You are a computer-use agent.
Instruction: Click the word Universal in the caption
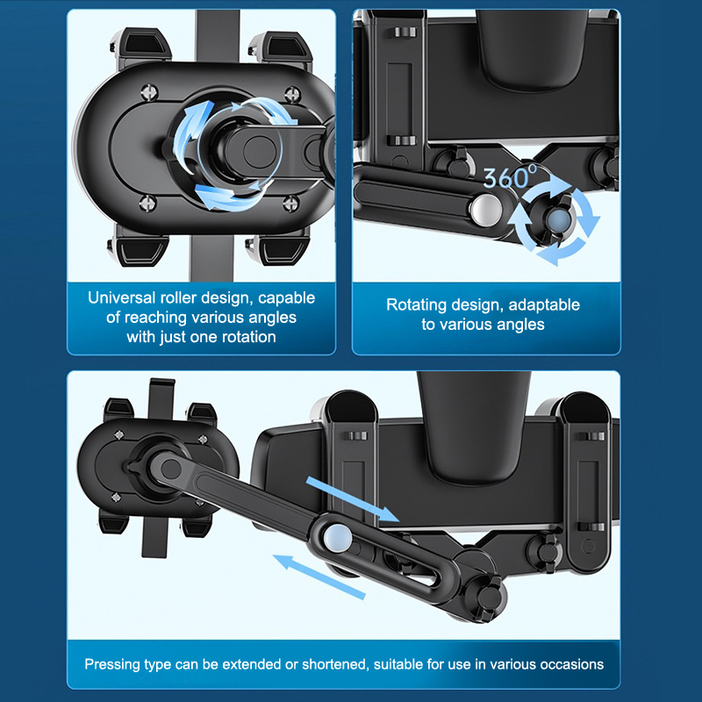(x=121, y=297)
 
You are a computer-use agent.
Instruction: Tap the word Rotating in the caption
(x=416, y=304)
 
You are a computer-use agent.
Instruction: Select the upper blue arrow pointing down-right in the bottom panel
(x=353, y=499)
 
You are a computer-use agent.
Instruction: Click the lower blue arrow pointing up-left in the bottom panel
(x=319, y=577)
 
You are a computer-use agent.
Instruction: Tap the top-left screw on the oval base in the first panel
(x=148, y=92)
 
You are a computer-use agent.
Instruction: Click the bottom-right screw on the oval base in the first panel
(x=291, y=204)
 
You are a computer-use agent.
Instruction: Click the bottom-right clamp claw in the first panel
(x=278, y=251)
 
